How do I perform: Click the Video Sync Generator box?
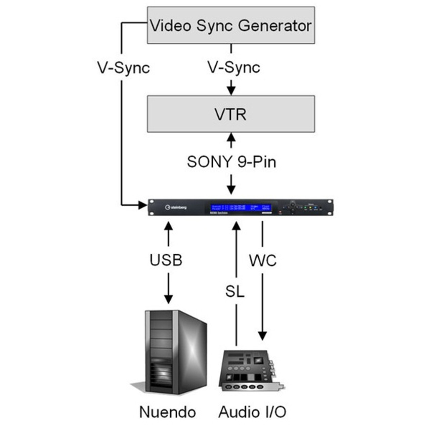coord(231,25)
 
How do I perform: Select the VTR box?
coord(231,114)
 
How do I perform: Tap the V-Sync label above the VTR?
coord(234,67)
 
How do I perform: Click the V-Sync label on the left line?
coord(123,68)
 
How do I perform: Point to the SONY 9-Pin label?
coord(231,162)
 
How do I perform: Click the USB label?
coord(166,260)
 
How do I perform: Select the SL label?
coord(234,291)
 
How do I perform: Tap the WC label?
coord(263,260)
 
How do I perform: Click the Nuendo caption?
coord(167,412)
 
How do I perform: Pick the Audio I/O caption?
coord(252,412)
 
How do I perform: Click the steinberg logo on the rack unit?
coord(176,207)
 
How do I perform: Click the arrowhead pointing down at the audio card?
coord(262,336)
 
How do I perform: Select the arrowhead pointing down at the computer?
coord(168,299)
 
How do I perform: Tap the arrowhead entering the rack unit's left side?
coord(143,204)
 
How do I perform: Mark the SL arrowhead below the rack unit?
coord(236,225)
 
